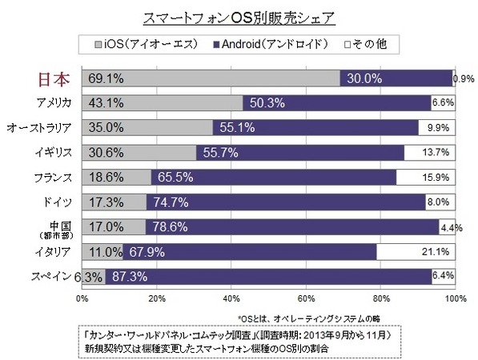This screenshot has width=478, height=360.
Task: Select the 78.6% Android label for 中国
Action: (x=170, y=227)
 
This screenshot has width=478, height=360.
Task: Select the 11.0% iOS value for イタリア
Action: (x=101, y=253)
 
